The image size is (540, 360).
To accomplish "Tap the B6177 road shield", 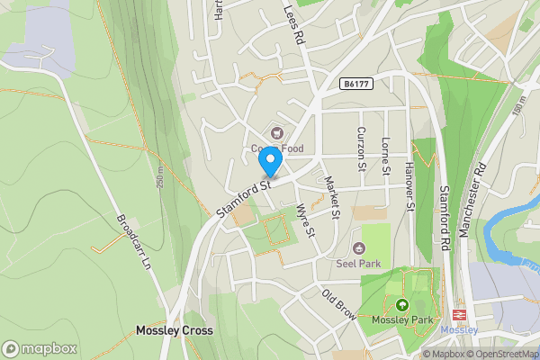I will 356,84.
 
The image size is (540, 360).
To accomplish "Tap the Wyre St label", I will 306,220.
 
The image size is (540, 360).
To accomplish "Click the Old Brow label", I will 338,302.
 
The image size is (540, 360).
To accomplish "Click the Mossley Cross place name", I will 175,330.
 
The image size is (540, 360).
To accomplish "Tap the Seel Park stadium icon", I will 358,247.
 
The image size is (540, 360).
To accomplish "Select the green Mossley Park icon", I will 401,304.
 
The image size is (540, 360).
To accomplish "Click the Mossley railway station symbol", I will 459,315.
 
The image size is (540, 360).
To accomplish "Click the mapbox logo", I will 40,348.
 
